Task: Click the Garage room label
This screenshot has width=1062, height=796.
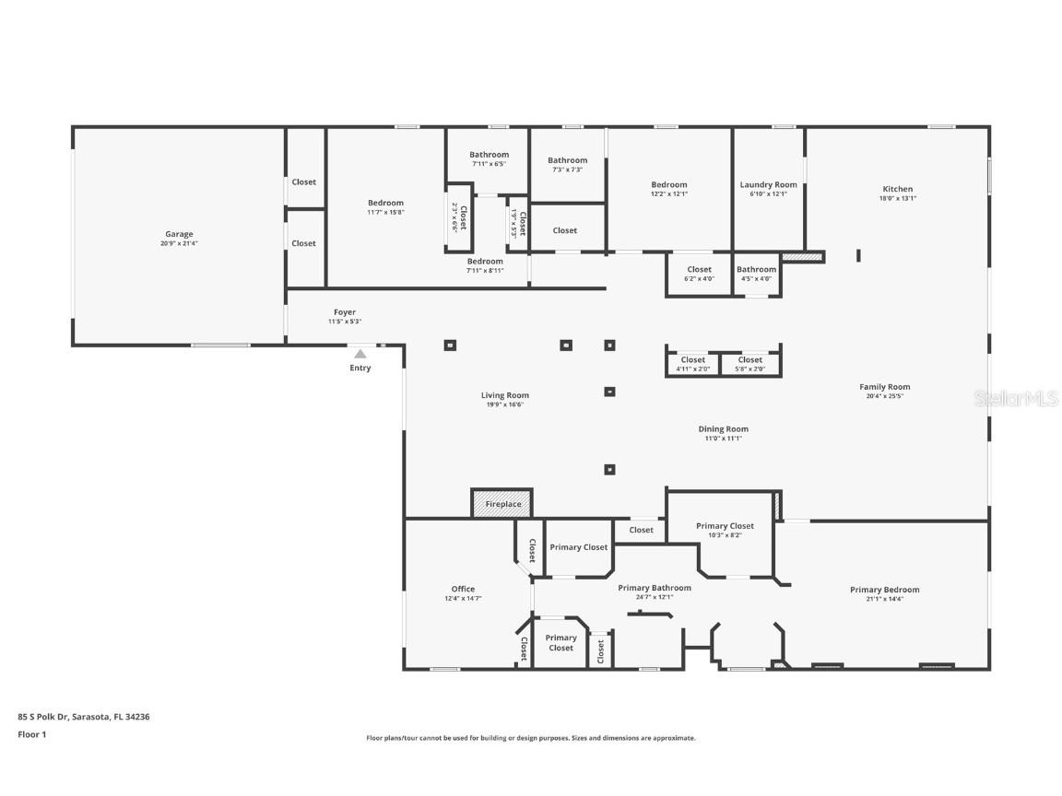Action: (x=180, y=234)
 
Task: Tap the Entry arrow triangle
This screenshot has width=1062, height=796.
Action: (x=360, y=354)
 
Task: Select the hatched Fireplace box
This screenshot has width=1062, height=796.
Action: (x=502, y=504)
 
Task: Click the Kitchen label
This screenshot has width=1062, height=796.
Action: (x=897, y=189)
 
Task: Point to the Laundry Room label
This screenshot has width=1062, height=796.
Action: (x=768, y=184)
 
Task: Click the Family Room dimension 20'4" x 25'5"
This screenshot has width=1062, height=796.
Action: (x=884, y=396)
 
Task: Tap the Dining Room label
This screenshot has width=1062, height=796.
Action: (x=723, y=428)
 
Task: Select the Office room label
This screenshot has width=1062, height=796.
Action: (x=463, y=589)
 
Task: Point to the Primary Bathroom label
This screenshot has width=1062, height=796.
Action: (x=654, y=588)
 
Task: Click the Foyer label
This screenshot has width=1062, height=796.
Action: (x=345, y=312)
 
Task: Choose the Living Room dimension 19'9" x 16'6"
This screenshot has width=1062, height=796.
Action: (x=505, y=404)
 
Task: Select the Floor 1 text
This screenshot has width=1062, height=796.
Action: (x=31, y=734)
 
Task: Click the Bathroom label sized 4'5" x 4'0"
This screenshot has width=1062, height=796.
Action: (x=756, y=269)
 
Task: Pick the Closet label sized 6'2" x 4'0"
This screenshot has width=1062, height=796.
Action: (x=699, y=269)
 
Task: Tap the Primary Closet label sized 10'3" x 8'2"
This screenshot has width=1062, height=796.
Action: (x=725, y=526)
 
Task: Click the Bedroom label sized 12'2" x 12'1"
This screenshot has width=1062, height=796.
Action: (x=668, y=184)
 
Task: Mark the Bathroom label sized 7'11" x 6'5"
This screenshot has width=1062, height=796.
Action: (x=489, y=155)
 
